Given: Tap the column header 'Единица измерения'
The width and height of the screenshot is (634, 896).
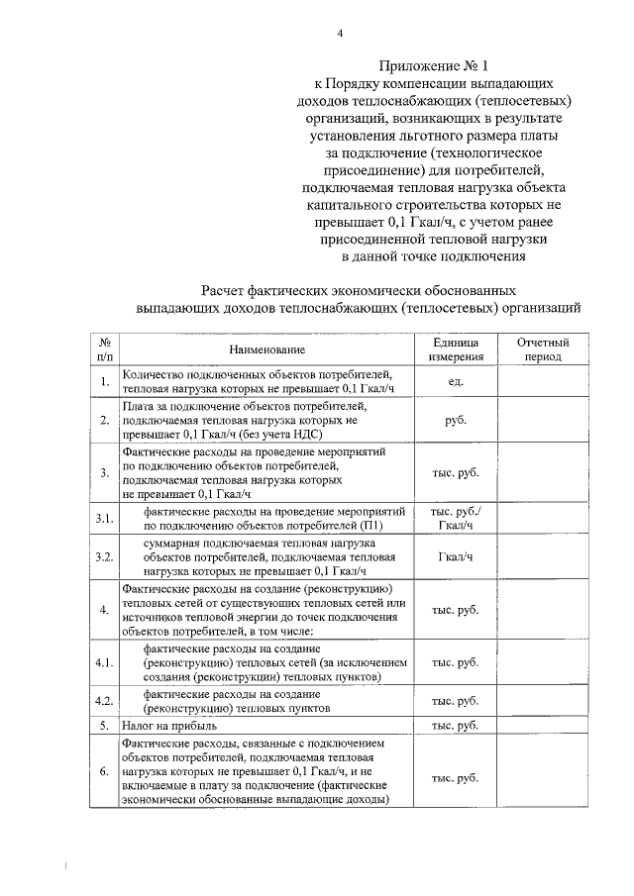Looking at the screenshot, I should [x=456, y=349].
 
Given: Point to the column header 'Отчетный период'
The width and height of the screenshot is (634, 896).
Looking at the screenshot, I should [x=543, y=349].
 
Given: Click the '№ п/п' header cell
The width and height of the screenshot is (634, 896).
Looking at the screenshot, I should [x=104, y=349].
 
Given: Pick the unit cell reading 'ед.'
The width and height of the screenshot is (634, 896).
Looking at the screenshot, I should [x=456, y=381].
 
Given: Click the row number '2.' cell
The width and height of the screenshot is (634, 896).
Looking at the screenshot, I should [x=104, y=420].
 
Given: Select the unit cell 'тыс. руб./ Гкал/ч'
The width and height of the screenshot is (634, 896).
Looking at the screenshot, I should [x=456, y=519].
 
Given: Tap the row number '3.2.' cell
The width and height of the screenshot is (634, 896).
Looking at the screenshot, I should [x=104, y=557].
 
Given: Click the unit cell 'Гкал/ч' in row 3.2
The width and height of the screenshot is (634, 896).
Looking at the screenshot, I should [x=456, y=557].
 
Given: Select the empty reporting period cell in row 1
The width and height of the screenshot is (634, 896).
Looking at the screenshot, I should [x=543, y=381].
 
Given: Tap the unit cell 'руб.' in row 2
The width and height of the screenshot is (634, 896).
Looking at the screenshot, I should [x=456, y=420].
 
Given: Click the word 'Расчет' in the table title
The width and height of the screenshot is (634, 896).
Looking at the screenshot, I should [x=227, y=291].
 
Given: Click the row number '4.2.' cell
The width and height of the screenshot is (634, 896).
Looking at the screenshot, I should [x=104, y=701].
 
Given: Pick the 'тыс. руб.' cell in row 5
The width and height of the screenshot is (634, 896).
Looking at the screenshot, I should [x=456, y=726].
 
